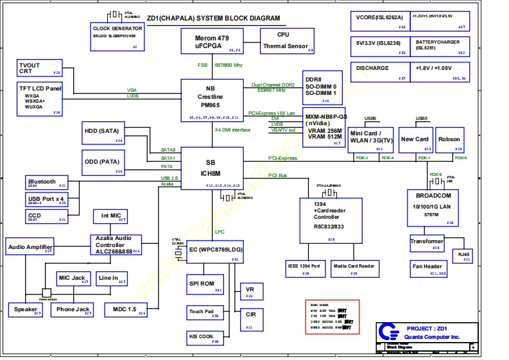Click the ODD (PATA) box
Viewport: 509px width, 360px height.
click(103, 162)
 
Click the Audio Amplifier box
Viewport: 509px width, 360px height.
click(30, 246)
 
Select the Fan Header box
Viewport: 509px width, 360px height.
click(428, 268)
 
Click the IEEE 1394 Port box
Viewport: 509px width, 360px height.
click(306, 268)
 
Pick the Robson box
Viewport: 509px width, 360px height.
click(449, 141)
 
